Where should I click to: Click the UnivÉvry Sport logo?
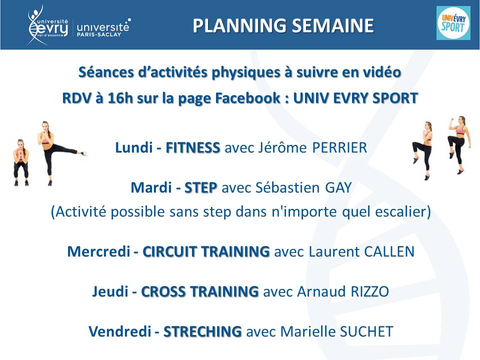pos(453,22)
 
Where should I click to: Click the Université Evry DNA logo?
pos(48,25)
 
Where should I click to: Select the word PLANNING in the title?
pos(239,25)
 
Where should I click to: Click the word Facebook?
pos(248,98)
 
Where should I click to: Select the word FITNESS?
pos(193,147)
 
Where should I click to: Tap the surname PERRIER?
pos(339,147)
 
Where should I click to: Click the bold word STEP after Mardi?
pos(201,187)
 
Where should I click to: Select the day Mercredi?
pos(99,251)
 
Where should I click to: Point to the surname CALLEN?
pos(389,251)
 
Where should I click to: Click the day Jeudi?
pos(110,291)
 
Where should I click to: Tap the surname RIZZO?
pos(370,291)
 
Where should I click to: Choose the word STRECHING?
pos(202,331)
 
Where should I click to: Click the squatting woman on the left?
pos(21,162)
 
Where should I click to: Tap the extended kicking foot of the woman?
pos(84,153)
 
